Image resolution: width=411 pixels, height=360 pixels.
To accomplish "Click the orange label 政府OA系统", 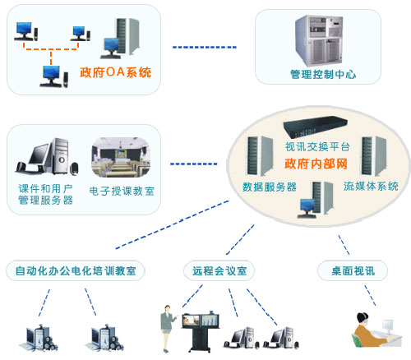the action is [115, 72].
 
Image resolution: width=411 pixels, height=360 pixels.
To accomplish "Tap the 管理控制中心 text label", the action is [323, 74].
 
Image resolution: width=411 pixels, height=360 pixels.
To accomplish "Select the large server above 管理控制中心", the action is [319, 40].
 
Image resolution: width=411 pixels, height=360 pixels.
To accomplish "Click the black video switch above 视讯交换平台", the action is [315, 127].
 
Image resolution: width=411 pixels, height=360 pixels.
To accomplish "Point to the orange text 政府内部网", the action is [316, 164].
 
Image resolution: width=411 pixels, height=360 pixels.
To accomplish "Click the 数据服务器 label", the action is [270, 187].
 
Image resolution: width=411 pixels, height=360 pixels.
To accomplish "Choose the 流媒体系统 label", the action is [371, 186].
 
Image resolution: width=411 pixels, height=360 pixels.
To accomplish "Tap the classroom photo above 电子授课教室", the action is [121, 157].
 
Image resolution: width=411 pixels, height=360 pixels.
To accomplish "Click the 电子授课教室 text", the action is [122, 191].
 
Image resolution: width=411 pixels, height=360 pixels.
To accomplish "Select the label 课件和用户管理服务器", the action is [45, 194].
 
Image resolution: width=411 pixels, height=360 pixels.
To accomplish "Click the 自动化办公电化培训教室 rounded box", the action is [76, 270].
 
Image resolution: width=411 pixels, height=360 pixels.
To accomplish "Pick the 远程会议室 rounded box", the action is [219, 270].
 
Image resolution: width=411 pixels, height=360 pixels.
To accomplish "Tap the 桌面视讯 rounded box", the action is [353, 270].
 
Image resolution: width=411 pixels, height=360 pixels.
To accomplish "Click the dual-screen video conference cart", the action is [201, 332].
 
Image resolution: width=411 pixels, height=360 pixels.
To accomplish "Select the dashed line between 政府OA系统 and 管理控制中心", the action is [205, 48].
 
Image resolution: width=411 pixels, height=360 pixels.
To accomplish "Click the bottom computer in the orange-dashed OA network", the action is [54, 76].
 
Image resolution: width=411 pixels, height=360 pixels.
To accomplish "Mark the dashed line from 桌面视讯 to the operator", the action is [370, 296].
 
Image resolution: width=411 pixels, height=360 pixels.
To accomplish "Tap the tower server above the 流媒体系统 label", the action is [374, 156].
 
